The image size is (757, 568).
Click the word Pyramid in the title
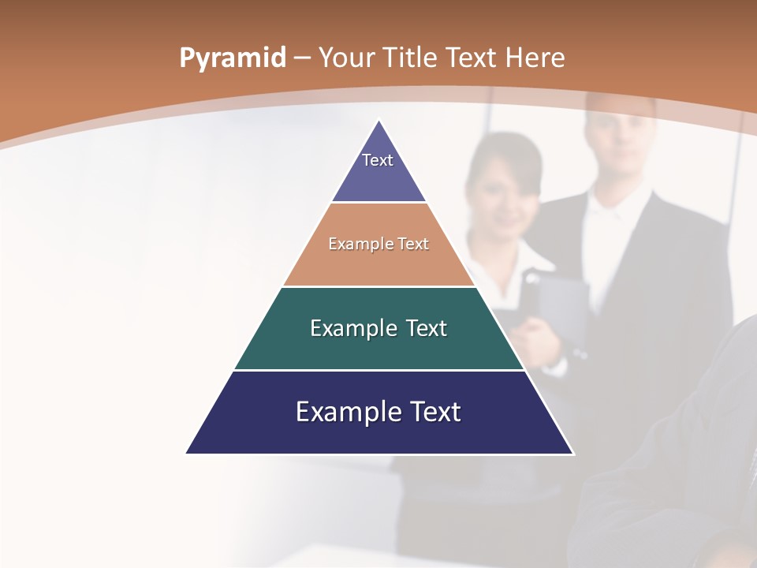(x=232, y=58)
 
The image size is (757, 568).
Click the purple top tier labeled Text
(x=378, y=170)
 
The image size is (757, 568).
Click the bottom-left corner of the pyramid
(x=188, y=453)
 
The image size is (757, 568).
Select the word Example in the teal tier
(x=346, y=328)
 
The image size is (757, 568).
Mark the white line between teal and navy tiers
(x=378, y=370)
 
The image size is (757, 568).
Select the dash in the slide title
(x=303, y=58)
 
